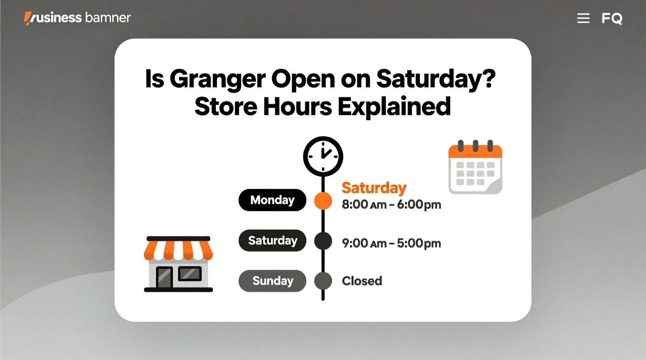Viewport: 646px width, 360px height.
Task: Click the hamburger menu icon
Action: point(583,18)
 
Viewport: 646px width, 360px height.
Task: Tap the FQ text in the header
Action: point(612,18)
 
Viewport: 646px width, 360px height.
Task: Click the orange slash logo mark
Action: point(28,18)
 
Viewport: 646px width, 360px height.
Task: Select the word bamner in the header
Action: point(108,18)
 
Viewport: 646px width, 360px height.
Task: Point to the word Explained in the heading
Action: point(394,107)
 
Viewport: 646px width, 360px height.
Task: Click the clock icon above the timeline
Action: point(323,156)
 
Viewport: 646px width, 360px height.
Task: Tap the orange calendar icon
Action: point(475,168)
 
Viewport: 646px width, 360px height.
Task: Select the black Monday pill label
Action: point(272,200)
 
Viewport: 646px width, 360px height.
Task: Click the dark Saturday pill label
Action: point(272,241)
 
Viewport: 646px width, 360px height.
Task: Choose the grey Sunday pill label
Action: point(272,281)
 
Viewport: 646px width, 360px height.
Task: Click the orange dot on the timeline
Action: point(323,201)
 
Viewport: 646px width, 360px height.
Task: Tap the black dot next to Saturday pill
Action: point(323,241)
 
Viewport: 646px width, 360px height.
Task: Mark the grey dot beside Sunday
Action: point(323,281)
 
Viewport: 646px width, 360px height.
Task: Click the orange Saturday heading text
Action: point(374,188)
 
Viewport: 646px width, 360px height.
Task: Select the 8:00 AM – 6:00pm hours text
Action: point(391,205)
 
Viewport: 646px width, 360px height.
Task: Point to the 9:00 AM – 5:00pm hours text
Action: point(391,244)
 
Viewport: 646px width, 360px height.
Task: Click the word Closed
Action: point(362,281)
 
